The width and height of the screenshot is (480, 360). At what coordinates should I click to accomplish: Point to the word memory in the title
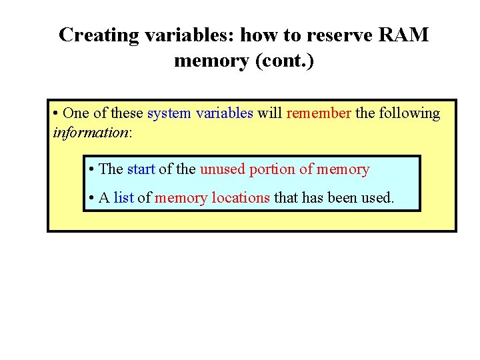pos(210,61)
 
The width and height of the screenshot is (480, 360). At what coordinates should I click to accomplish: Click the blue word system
pos(169,113)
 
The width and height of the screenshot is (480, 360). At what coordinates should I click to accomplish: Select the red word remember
pos(319,113)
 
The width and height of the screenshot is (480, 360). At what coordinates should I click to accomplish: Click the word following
pos(409,113)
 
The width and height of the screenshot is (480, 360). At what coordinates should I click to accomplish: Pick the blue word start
pos(141,169)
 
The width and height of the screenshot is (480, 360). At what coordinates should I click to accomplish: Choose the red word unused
pos(222,169)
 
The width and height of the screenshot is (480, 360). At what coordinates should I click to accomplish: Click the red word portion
pos(272,169)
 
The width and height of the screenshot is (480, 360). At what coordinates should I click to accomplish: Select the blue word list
pos(124,198)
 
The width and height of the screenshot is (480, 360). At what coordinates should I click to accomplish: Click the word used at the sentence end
pos(379,198)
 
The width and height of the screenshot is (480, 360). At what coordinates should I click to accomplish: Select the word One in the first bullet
pos(74,113)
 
